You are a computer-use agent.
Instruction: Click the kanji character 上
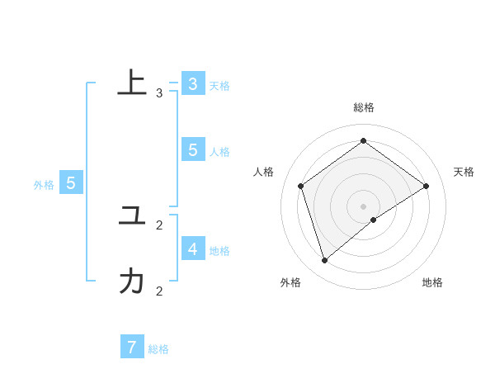pyautogui.click(x=132, y=83)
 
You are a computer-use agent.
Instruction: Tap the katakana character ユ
pyautogui.click(x=132, y=216)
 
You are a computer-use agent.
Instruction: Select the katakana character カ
pyautogui.click(x=132, y=282)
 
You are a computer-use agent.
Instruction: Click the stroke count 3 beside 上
pyautogui.click(x=159, y=93)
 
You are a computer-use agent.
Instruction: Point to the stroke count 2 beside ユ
pyautogui.click(x=159, y=225)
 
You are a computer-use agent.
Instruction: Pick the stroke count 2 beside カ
pyautogui.click(x=159, y=291)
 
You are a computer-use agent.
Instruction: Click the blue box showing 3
pyautogui.click(x=192, y=84)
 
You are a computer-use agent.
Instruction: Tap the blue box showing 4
pyautogui.click(x=192, y=248)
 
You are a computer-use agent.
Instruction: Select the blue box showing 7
pyautogui.click(x=132, y=348)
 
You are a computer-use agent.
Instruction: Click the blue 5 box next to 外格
pyautogui.click(x=71, y=183)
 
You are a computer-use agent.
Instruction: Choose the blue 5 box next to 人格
pyautogui.click(x=192, y=150)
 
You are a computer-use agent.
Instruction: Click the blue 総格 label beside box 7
pyautogui.click(x=158, y=349)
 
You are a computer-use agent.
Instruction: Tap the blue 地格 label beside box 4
pyautogui.click(x=219, y=251)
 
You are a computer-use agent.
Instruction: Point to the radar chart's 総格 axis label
pyautogui.click(x=364, y=107)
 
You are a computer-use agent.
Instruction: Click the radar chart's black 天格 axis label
pyautogui.click(x=464, y=172)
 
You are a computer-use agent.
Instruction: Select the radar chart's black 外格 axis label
pyautogui.click(x=290, y=283)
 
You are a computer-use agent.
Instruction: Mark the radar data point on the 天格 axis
pyautogui.click(x=427, y=186)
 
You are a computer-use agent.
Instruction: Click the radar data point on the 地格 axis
pyautogui.click(x=374, y=220)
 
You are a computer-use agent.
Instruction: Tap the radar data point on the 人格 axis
pyautogui.click(x=301, y=186)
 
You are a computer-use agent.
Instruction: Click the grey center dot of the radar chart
pyautogui.click(x=364, y=206)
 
